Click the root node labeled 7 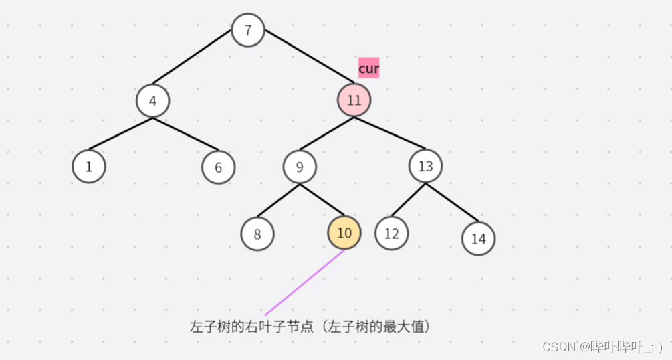click(x=248, y=31)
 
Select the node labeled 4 click(x=152, y=101)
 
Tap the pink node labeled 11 click(x=354, y=100)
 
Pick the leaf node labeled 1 click(x=89, y=167)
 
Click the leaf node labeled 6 click(x=218, y=167)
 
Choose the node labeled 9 click(x=300, y=167)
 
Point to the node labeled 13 click(x=425, y=166)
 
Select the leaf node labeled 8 click(x=257, y=234)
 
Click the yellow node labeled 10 click(x=344, y=232)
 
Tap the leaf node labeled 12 click(x=391, y=233)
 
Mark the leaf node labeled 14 click(x=478, y=239)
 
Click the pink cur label click(x=368, y=68)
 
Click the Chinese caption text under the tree click(x=309, y=327)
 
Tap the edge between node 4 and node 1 click(x=120, y=134)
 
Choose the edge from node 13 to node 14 click(x=452, y=202)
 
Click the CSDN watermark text click(x=602, y=346)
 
